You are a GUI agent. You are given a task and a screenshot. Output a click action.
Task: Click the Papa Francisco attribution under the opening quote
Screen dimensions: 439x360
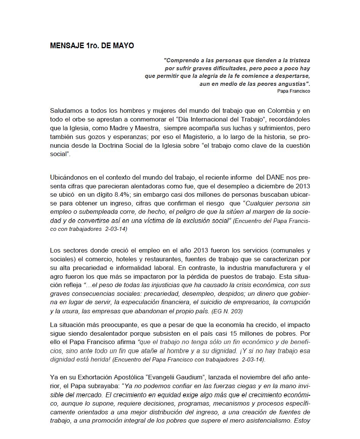294,91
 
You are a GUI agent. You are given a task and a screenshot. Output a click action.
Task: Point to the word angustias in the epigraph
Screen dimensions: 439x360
290,84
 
